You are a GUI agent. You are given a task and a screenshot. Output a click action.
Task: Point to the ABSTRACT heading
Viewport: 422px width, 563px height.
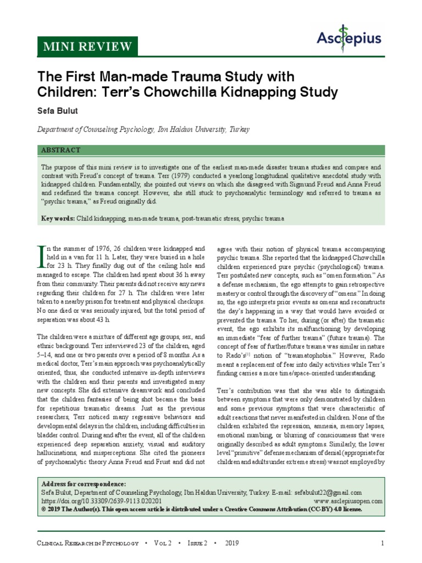coord(61,150)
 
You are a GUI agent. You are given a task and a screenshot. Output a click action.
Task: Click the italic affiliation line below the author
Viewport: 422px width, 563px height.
coord(143,130)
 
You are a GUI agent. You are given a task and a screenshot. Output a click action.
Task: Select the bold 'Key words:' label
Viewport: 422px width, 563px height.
coord(59,219)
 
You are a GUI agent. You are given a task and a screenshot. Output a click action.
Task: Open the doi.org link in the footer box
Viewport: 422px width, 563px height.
coord(102,501)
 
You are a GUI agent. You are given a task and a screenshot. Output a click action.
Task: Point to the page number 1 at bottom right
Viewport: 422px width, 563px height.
coord(381,544)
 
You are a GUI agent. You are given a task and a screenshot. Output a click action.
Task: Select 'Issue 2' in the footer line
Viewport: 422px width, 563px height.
coord(198,544)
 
